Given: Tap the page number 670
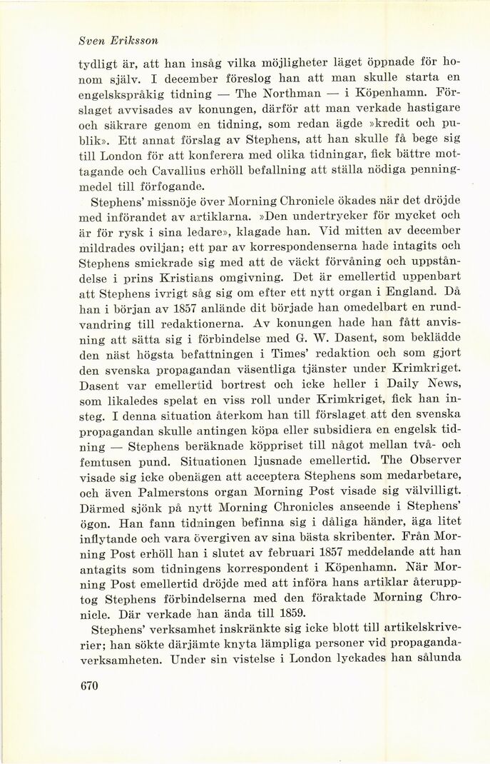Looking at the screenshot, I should pos(88,686).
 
